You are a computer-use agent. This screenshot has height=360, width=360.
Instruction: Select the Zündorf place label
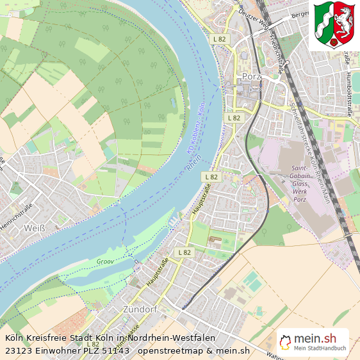(x=138, y=310)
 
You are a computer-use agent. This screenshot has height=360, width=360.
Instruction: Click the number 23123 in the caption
(x=19, y=350)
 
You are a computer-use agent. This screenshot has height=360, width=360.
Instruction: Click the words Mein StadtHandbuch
(x=320, y=348)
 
